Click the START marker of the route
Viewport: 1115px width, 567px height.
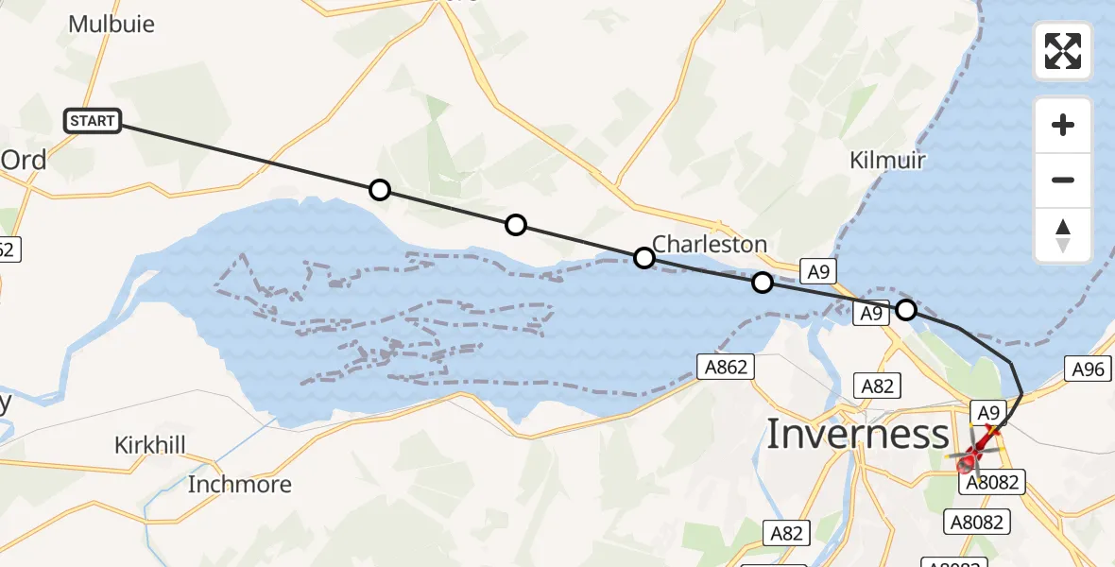93,121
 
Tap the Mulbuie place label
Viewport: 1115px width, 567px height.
111,24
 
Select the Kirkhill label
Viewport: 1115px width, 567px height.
149,445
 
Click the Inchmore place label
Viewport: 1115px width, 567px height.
239,485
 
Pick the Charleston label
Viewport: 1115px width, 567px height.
710,244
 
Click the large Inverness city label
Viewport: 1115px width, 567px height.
857,435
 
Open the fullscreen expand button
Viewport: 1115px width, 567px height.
1063,51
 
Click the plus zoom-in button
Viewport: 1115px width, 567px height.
1063,125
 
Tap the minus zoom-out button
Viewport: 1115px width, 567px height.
1063,180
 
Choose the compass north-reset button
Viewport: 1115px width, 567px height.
1063,235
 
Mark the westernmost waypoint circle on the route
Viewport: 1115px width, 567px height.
379,191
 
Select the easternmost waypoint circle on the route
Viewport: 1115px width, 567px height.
906,309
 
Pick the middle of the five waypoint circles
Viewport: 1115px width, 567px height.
643,257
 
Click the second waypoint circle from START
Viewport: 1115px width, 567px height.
515,225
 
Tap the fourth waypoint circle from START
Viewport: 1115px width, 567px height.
763,282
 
